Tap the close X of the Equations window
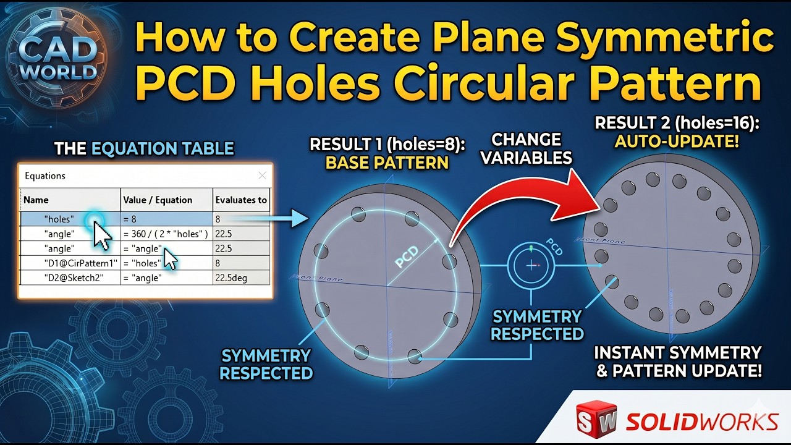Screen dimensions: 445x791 tap(262, 176)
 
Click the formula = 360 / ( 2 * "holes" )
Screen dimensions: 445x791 tap(164, 233)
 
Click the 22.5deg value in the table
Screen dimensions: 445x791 tap(231, 278)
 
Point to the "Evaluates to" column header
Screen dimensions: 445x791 tap(241, 200)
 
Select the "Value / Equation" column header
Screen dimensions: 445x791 tap(158, 200)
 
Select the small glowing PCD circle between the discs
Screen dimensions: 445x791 tap(532, 265)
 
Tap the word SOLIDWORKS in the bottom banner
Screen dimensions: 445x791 tap(701, 422)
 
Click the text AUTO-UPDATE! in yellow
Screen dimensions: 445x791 tap(677, 142)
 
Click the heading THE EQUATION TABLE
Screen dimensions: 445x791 tap(144, 148)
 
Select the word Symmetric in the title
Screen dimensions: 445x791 tap(665, 38)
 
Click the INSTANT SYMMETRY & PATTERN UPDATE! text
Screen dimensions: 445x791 tap(677, 362)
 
